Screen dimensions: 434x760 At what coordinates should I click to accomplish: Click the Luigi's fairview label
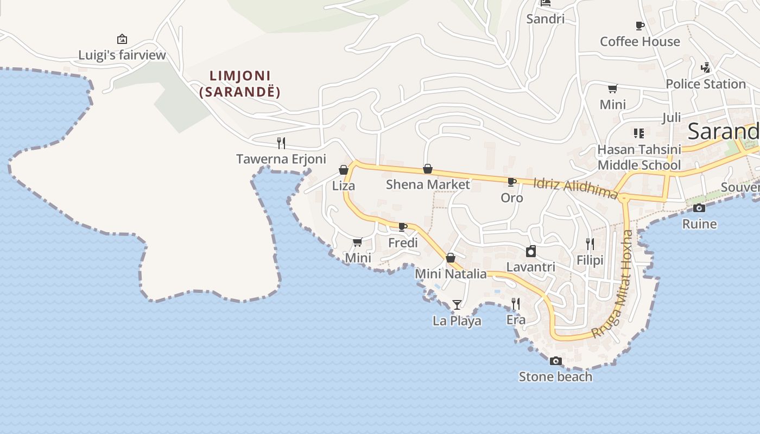pyautogui.click(x=122, y=55)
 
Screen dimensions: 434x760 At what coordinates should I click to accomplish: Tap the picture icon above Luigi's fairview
pyautogui.click(x=122, y=39)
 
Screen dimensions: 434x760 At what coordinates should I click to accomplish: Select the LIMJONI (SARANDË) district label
pyautogui.click(x=239, y=84)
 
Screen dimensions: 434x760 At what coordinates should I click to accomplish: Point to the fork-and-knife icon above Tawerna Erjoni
pyautogui.click(x=281, y=143)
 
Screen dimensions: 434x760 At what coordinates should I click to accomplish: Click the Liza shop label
pyautogui.click(x=344, y=186)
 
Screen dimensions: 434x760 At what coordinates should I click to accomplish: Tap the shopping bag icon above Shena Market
pyautogui.click(x=428, y=169)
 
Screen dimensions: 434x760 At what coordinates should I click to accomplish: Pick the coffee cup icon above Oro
pyautogui.click(x=511, y=182)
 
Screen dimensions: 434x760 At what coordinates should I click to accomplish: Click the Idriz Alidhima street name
pyautogui.click(x=575, y=188)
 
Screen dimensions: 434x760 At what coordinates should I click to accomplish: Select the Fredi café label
pyautogui.click(x=403, y=242)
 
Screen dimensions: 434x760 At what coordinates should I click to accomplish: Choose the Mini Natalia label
pyautogui.click(x=451, y=274)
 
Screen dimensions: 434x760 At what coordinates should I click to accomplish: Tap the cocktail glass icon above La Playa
pyautogui.click(x=457, y=305)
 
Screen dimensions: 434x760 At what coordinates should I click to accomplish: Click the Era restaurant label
pyautogui.click(x=516, y=320)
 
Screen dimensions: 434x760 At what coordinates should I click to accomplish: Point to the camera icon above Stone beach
pyautogui.click(x=555, y=361)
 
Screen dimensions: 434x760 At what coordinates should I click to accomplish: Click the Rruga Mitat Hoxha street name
pyautogui.click(x=614, y=285)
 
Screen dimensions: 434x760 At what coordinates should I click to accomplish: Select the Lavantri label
pyautogui.click(x=530, y=267)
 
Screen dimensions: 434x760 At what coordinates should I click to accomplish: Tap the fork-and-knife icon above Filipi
pyautogui.click(x=590, y=244)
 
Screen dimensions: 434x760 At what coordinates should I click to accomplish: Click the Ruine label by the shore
pyautogui.click(x=699, y=224)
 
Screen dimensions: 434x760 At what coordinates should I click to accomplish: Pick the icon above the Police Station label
pyautogui.click(x=706, y=68)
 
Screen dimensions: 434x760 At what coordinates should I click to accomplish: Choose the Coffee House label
pyautogui.click(x=639, y=42)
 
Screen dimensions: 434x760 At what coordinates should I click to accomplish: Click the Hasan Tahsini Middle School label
pyautogui.click(x=639, y=157)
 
